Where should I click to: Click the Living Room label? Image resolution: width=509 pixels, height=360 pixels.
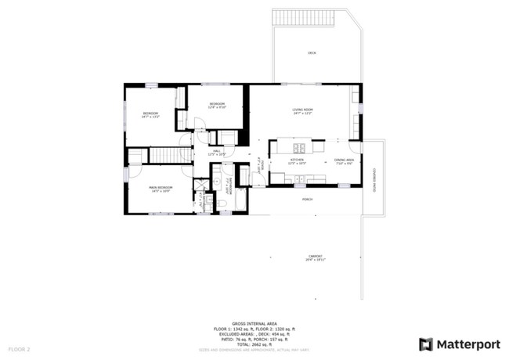pos(303,111)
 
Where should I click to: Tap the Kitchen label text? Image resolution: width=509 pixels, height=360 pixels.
pos(298,160)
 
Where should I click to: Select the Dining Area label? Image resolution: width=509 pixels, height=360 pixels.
pos(345,161)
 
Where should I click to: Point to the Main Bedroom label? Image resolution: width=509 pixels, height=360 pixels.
pos(161,189)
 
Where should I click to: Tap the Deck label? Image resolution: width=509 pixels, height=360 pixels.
pos(312,53)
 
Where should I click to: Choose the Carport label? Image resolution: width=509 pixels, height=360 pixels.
pos(315,257)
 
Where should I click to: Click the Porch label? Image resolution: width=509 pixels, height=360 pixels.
pos(308,200)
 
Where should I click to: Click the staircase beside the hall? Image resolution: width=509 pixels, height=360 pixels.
pos(165,154)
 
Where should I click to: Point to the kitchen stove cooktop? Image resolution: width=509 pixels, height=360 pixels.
pos(299,149)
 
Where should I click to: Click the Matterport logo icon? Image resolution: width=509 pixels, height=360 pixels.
pos(426,344)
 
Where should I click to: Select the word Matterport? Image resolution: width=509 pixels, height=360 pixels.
pos(468,344)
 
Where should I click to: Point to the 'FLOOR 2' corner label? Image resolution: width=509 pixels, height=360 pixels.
pos(20,348)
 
